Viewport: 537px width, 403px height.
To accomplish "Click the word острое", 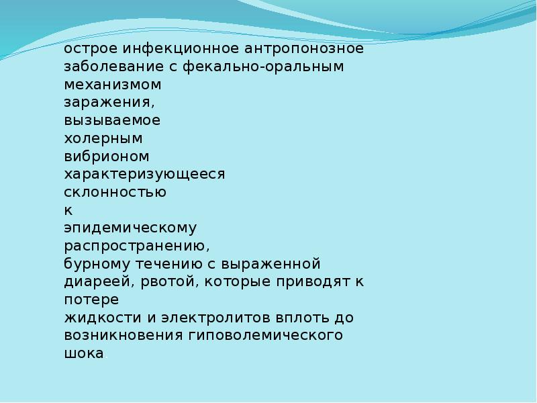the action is [91, 49].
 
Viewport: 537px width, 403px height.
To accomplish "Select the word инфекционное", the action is [181, 49].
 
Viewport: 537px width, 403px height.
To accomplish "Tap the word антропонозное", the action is [304, 49].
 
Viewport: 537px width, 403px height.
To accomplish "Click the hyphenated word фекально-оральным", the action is [263, 66].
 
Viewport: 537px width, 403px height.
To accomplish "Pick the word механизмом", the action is [113, 85].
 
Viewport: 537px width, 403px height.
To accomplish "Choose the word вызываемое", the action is [112, 120].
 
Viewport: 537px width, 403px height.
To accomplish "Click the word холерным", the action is [103, 139].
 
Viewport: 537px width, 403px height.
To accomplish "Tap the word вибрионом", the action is [107, 156].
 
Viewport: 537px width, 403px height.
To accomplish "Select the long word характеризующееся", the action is [144, 175].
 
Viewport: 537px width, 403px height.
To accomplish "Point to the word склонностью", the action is [115, 192].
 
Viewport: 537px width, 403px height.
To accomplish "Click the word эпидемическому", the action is [130, 228].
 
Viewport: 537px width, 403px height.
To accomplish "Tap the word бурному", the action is [97, 264].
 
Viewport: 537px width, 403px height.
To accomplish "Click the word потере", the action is [91, 300].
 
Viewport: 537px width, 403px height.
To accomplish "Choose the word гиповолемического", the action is [265, 335].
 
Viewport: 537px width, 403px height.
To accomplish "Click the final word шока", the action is [84, 354].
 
